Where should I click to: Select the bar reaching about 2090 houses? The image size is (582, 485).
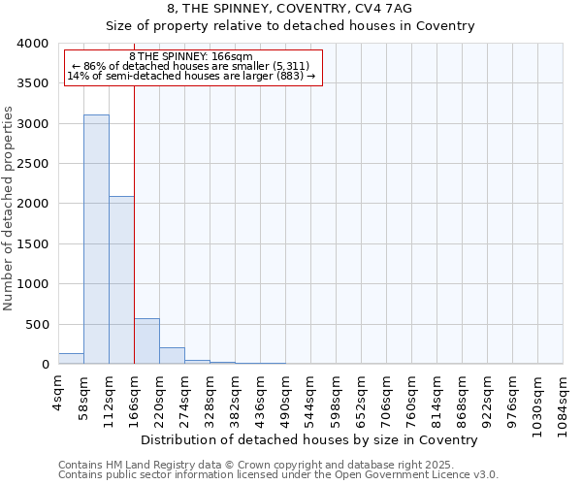click(121, 280)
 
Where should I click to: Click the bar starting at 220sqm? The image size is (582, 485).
click(172, 356)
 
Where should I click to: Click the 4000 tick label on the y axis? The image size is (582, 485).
click(32, 44)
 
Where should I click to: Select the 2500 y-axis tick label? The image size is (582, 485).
click(32, 164)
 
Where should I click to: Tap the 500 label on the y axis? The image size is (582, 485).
click(36, 325)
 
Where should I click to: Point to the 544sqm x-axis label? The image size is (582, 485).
click(311, 396)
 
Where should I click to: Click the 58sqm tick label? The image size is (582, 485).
click(84, 392)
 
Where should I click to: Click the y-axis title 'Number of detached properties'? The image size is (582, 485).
click(9, 204)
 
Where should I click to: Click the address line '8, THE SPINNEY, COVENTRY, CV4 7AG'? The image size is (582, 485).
click(290, 9)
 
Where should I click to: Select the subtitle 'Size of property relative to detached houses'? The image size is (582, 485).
click(290, 26)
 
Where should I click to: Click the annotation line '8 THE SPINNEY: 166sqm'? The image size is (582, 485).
click(191, 57)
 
